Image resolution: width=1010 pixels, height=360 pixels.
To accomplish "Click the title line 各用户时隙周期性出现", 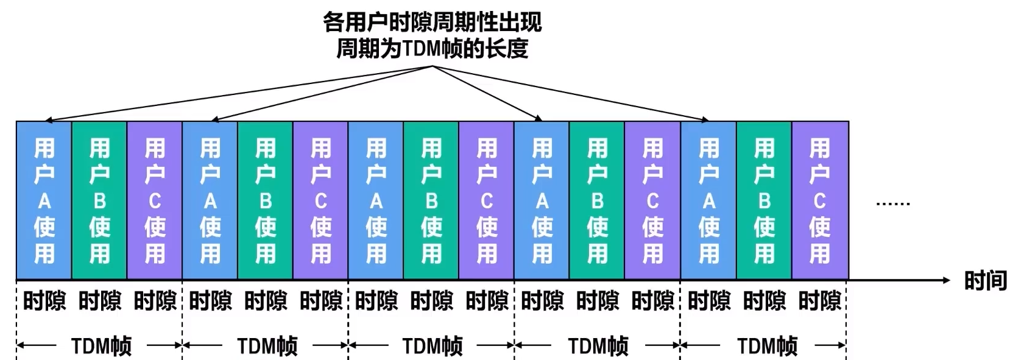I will point(432,23).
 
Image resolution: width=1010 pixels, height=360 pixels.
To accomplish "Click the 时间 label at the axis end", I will point(985,280).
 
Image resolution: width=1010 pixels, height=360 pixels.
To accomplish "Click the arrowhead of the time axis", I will point(945,280).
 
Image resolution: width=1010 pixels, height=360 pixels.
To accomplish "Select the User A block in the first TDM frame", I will point(44,200).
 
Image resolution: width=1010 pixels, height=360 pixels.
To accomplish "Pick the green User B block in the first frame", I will point(99,200).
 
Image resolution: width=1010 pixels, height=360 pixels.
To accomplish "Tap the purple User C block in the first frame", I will point(155,200).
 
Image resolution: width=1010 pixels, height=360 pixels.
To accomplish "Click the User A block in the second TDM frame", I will point(210,200).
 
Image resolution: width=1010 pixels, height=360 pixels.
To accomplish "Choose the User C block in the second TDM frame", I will point(321,200).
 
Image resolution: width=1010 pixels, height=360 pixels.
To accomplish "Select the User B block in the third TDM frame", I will point(431,200).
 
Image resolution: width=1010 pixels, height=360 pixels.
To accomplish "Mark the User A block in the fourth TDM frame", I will point(542,200).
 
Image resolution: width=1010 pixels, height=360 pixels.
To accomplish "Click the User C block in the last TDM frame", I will point(820,200).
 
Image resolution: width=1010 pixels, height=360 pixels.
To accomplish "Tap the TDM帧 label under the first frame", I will point(101,346).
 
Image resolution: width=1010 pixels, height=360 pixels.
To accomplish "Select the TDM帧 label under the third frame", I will point(433,346).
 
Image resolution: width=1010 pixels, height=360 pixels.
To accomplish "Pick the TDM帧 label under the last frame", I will point(767,346).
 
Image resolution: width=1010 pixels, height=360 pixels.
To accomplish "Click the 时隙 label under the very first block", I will point(44,301).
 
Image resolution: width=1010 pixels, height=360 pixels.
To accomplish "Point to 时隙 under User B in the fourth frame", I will point(598,301).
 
